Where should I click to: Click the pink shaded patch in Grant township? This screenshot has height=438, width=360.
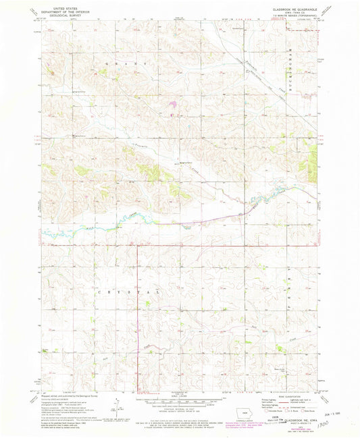point(174,104)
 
